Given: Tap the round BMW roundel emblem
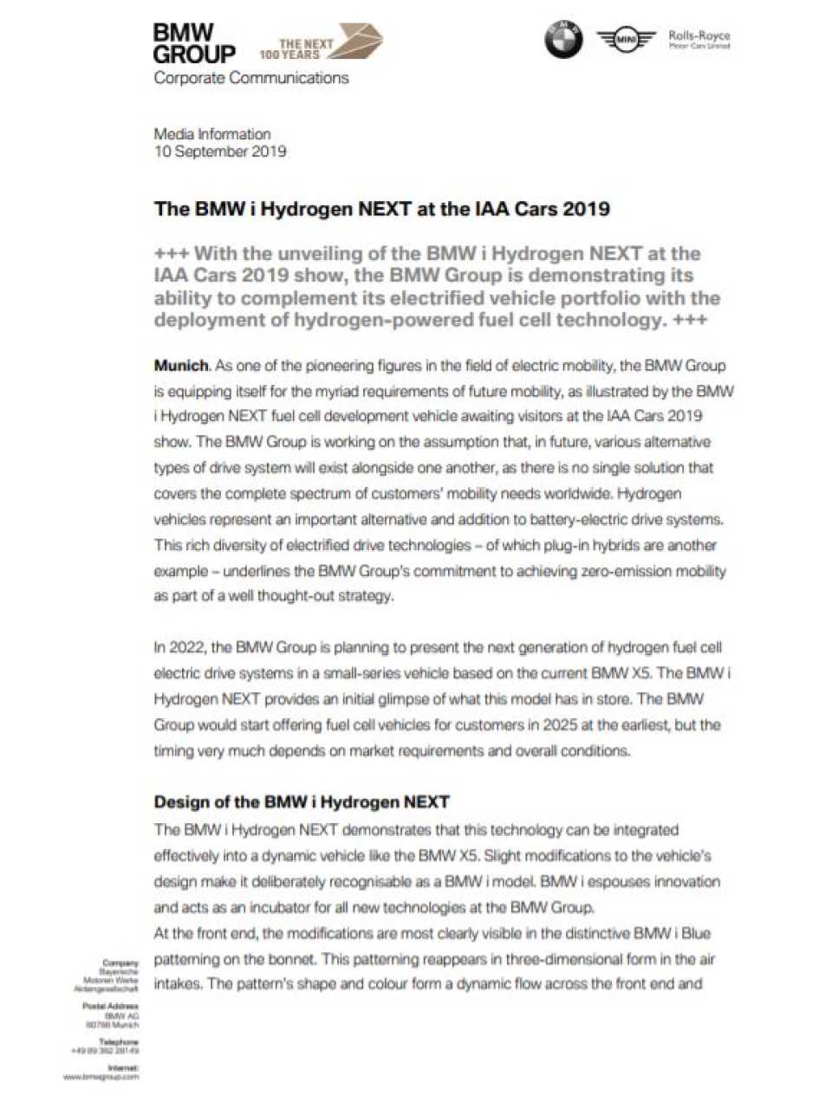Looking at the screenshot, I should pyautogui.click(x=563, y=40).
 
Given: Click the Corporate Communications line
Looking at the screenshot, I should pyautogui.click(x=250, y=78).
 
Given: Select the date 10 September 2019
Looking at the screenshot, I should pyautogui.click(x=219, y=152).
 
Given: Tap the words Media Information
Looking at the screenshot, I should pyautogui.click(x=211, y=134).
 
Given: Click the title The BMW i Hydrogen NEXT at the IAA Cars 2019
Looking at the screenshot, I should pyautogui.click(x=381, y=209).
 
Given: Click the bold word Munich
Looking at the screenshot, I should pyautogui.click(x=181, y=365).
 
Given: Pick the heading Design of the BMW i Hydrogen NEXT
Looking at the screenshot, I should pyautogui.click(x=301, y=802).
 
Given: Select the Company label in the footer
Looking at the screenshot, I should pyautogui.click(x=120, y=963).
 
